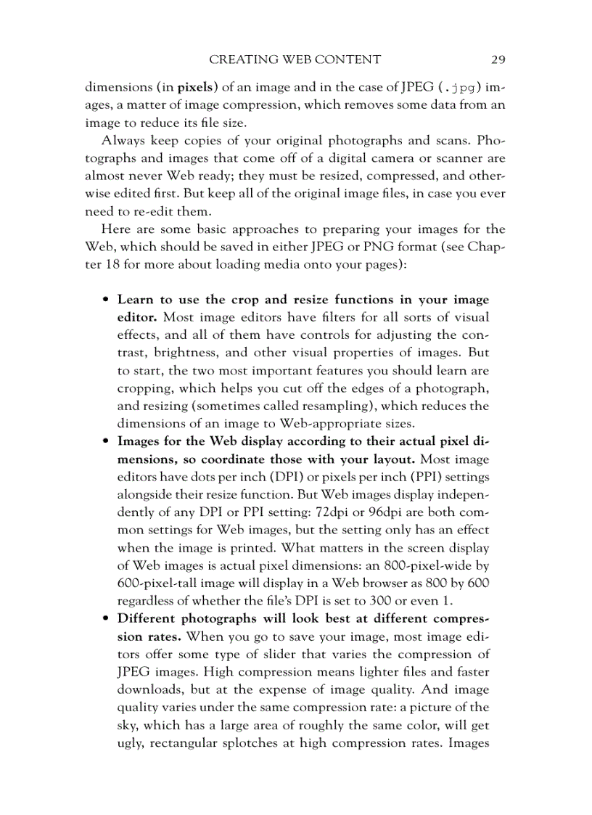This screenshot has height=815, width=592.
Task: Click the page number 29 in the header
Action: (x=497, y=60)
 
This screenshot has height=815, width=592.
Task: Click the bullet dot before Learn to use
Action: (x=106, y=300)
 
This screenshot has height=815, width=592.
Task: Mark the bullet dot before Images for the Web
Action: (x=106, y=442)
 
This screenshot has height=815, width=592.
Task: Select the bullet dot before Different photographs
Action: (x=106, y=619)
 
